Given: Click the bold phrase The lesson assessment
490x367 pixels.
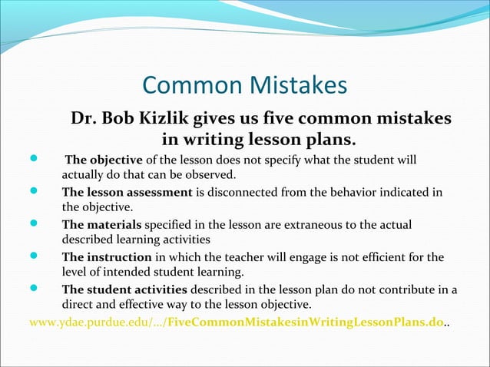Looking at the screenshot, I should (127, 192).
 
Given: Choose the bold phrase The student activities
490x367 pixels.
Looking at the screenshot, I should (124, 289).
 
